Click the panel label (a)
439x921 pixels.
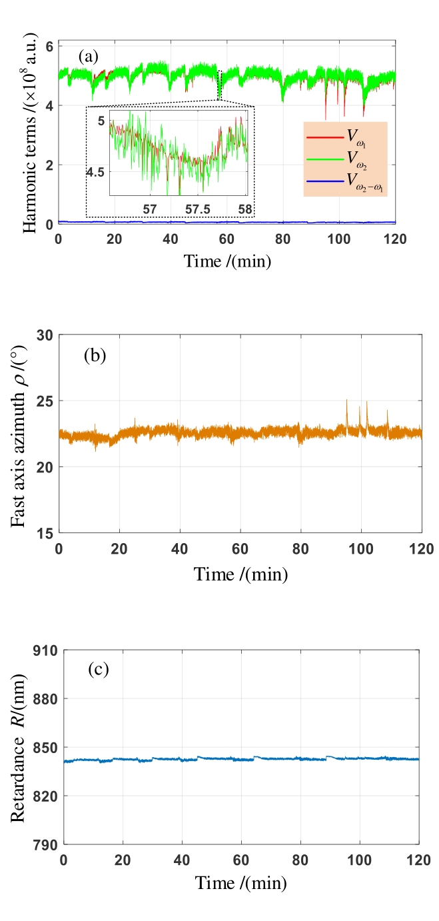(x=88, y=57)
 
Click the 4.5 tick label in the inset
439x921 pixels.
(x=96, y=172)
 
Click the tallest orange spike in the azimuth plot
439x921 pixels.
(x=346, y=401)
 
